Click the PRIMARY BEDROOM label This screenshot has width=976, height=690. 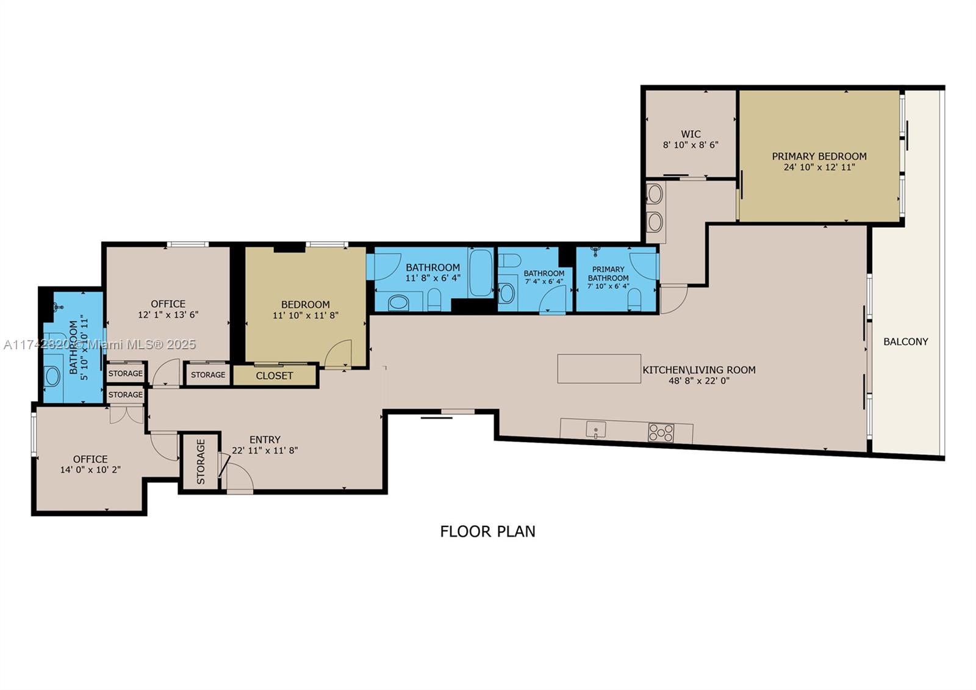(819, 156)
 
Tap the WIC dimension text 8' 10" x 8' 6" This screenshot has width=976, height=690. (691, 145)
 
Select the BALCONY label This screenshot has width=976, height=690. (905, 342)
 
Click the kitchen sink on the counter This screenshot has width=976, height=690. (595, 430)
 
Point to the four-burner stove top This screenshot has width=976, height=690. (661, 433)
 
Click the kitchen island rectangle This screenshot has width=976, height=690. (598, 369)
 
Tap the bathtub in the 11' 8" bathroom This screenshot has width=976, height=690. (481, 272)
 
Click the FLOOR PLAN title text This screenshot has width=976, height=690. (487, 531)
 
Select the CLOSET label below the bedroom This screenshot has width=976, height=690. (274, 376)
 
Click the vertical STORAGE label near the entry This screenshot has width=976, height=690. (201, 462)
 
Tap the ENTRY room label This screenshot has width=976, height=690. (265, 440)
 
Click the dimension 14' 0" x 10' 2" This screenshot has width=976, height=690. (90, 470)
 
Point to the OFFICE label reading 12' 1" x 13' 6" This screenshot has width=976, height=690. (168, 304)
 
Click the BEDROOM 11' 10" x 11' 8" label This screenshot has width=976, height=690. (305, 305)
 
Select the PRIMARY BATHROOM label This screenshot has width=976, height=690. (608, 274)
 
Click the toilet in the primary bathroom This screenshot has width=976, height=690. (634, 299)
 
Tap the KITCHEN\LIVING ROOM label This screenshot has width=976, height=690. (698, 370)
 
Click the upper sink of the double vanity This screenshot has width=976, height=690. (655, 194)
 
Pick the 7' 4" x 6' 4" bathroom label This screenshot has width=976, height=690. (544, 274)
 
